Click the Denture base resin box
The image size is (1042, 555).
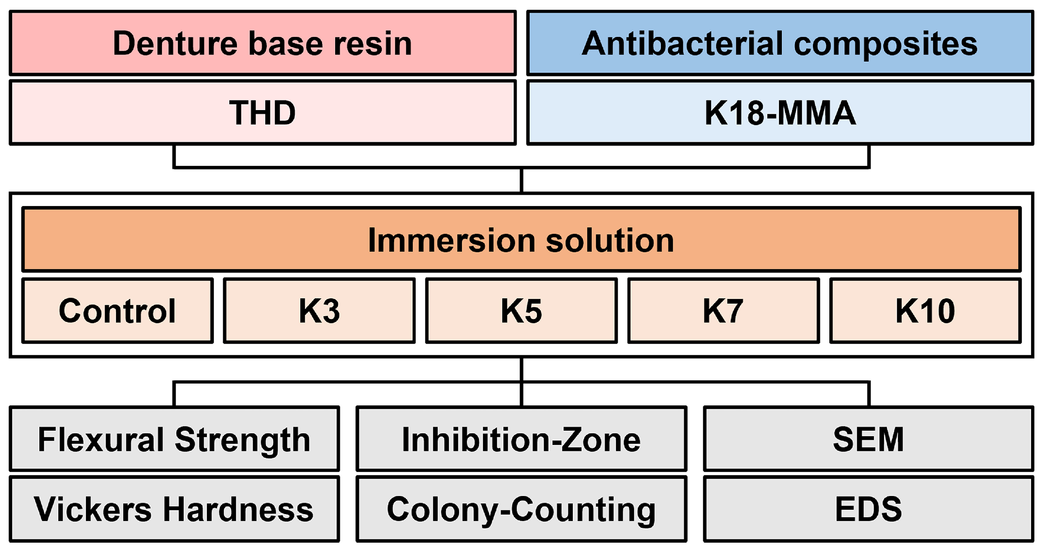pos(263,43)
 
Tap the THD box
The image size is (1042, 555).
pos(263,112)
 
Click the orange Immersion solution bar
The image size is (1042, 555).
pos(521,240)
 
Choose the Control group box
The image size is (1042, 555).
pos(117,310)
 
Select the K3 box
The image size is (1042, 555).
pos(319,310)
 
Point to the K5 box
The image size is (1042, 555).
pos(521,310)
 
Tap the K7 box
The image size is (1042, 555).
pos(723,310)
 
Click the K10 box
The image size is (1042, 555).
pos(925,310)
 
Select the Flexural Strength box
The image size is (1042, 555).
pos(174,439)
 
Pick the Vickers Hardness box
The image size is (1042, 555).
pos(174,509)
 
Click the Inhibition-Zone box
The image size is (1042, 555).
pos(521,439)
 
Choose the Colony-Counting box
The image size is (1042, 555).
pos(521,509)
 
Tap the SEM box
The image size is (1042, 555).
pos(868,439)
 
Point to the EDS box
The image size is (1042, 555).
pos(868,509)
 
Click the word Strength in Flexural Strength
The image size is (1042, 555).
pos(242,440)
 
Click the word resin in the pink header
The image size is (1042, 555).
pos(372,44)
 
